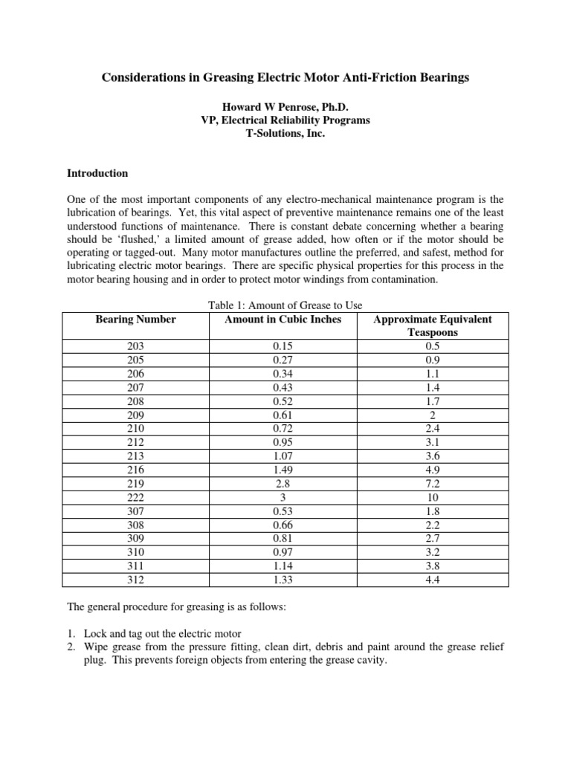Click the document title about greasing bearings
(x=285, y=77)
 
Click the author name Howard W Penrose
(x=285, y=107)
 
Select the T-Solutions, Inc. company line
(x=285, y=135)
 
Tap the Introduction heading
(x=97, y=173)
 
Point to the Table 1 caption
(x=285, y=305)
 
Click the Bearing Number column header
(x=136, y=320)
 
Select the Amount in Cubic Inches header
(x=283, y=320)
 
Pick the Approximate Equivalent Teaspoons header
(x=432, y=326)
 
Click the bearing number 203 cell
(x=136, y=346)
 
